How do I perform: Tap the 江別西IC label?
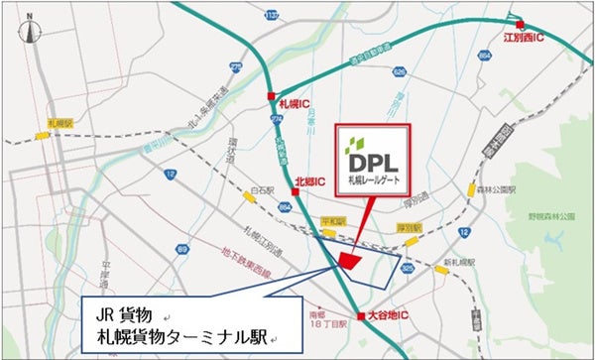[523, 39]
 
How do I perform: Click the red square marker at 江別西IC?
[518, 25]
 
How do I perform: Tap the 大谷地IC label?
[390, 316]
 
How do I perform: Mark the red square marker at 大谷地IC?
[362, 315]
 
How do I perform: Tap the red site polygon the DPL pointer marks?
[348, 259]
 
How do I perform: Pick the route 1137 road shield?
[272, 14]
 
